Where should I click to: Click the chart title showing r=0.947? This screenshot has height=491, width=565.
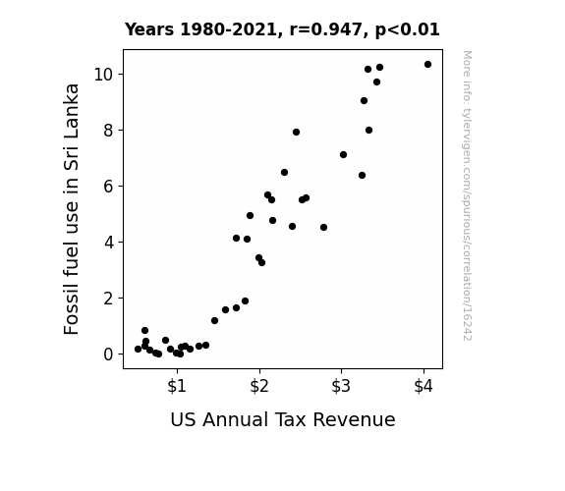[282, 29]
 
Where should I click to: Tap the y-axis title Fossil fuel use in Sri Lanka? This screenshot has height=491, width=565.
[71, 209]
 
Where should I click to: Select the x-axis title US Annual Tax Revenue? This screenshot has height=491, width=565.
[283, 419]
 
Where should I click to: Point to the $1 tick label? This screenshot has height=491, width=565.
[177, 386]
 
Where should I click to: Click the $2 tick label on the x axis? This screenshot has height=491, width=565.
[259, 386]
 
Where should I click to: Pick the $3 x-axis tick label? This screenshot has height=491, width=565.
[341, 386]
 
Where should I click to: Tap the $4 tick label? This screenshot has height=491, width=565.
[424, 386]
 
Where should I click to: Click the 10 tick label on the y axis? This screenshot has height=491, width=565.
[103, 75]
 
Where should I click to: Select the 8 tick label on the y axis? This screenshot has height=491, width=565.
[108, 131]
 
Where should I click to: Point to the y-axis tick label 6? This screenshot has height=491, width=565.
[108, 187]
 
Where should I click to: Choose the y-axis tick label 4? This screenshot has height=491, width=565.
[108, 243]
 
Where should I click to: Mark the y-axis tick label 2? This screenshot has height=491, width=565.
[108, 299]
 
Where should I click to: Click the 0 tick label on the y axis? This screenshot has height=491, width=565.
[108, 355]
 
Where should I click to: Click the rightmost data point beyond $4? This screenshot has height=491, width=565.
[427, 65]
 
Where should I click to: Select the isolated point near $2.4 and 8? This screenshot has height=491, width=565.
[296, 133]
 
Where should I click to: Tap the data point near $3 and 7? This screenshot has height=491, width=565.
[343, 154]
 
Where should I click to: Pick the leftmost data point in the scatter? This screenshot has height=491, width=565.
[138, 349]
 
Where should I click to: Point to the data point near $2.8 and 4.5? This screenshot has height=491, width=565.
[323, 227]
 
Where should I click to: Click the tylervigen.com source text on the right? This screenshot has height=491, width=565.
[468, 195]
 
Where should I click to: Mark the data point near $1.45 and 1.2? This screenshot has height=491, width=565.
[214, 320]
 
